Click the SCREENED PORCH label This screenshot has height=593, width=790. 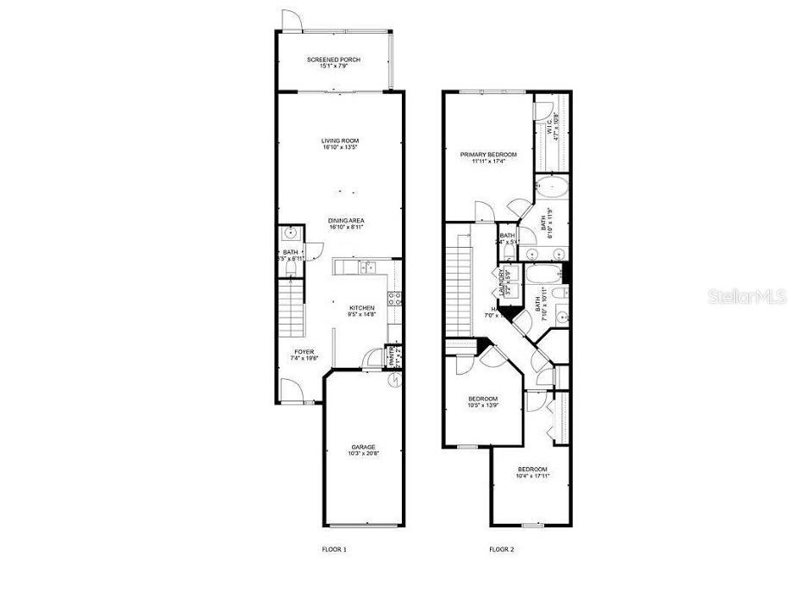334,60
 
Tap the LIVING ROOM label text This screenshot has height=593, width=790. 340,141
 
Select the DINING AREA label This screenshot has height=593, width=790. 340,221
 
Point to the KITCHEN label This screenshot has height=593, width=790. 361,308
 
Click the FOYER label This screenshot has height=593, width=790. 304,352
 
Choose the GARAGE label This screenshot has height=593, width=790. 362,446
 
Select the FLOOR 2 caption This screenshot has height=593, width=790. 501,549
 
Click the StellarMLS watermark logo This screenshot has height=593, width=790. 747,295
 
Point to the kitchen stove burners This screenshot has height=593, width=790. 394,299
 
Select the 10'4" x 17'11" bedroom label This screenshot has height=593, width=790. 533,470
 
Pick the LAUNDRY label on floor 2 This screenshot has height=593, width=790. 499,281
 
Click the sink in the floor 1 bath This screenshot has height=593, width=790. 291,233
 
